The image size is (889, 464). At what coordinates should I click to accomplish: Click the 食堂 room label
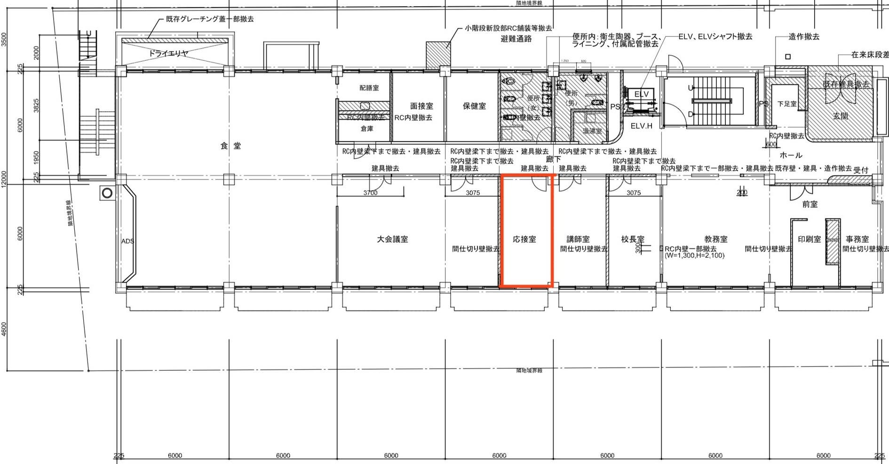click(x=230, y=146)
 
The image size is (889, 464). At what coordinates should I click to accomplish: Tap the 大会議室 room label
click(x=392, y=239)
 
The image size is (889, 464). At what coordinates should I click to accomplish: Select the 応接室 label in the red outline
click(x=524, y=239)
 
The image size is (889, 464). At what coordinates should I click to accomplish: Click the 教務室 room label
click(x=715, y=239)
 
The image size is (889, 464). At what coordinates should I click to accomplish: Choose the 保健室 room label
click(x=474, y=106)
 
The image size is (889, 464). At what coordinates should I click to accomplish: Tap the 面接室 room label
click(x=421, y=106)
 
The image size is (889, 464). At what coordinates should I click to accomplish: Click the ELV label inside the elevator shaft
click(x=641, y=94)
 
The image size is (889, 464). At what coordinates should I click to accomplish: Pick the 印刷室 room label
click(x=809, y=239)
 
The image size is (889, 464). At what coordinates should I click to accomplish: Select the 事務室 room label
click(x=857, y=239)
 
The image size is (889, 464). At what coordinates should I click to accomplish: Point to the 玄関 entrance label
click(x=841, y=115)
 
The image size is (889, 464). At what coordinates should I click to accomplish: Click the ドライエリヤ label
click(x=168, y=54)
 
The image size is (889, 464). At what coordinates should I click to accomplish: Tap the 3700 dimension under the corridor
click(x=370, y=193)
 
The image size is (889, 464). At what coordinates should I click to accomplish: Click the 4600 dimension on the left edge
click(x=4, y=329)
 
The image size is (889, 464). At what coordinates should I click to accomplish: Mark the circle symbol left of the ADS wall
click(x=107, y=193)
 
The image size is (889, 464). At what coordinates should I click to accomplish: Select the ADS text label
click(x=127, y=241)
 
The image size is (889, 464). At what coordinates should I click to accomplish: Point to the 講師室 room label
click(x=578, y=239)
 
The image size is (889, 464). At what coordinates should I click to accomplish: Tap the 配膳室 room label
click(x=369, y=88)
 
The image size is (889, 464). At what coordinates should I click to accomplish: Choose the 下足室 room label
click(x=786, y=104)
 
